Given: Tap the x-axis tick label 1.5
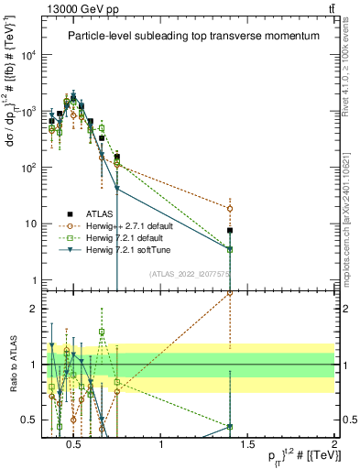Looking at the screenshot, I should tap(247, 445).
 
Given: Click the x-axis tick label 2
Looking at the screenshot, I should tap(333, 445).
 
